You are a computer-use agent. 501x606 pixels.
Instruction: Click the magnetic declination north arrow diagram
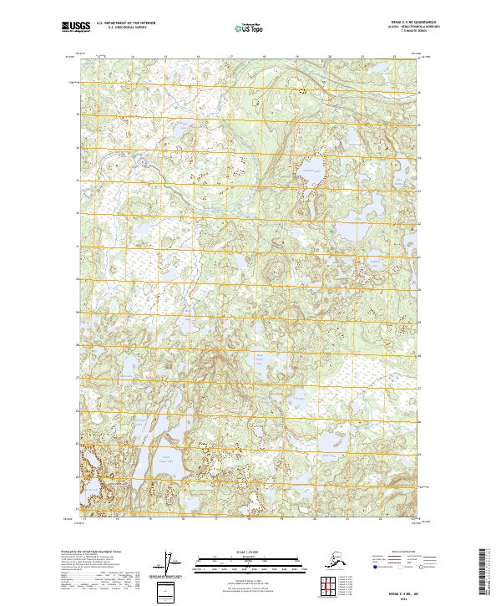click(170, 563)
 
